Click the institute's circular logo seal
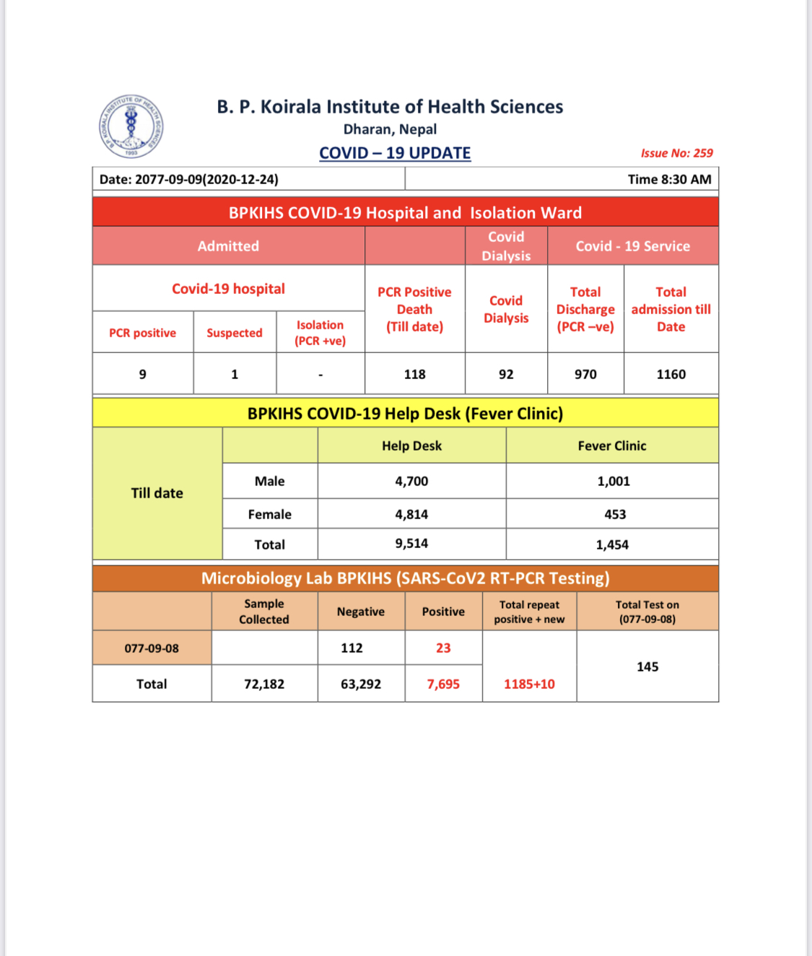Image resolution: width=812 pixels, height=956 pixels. (x=131, y=126)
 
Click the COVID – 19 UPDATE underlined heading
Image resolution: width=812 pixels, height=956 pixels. (x=395, y=153)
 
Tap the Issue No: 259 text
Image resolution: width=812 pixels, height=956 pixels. (x=676, y=153)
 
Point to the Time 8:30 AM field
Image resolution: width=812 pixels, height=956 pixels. (x=669, y=179)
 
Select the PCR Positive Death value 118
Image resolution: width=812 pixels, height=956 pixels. (x=414, y=374)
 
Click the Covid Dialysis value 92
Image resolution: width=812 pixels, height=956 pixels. (x=506, y=374)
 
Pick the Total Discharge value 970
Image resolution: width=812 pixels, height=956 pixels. (x=585, y=374)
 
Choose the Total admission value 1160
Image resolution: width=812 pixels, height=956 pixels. (x=671, y=374)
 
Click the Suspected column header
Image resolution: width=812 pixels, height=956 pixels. (x=235, y=333)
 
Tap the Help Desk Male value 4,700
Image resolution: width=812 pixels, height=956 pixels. (x=411, y=481)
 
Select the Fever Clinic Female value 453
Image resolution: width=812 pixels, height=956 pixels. (x=615, y=514)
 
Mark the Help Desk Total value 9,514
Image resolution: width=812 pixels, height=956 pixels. (x=411, y=543)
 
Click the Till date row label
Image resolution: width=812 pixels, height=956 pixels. (x=157, y=493)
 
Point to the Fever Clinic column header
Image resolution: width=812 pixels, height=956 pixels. (x=612, y=446)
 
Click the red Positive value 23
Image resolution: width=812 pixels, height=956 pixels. (x=443, y=648)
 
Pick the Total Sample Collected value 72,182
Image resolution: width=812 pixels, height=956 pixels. (x=264, y=684)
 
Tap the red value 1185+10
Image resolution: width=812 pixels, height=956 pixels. (x=529, y=684)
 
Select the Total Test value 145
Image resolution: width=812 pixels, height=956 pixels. (x=647, y=666)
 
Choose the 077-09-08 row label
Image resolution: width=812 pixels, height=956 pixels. (x=152, y=648)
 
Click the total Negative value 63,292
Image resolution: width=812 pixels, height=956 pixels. (x=361, y=684)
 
